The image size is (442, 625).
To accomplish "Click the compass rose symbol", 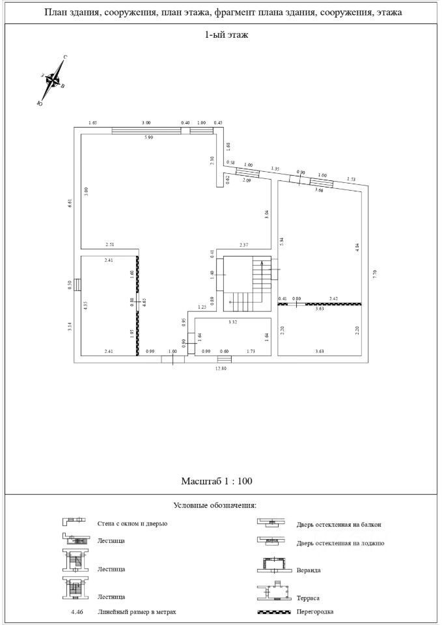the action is tap(53, 81).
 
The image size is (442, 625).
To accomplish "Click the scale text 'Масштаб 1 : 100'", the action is tap(216, 481).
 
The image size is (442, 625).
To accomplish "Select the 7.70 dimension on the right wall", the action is tap(374, 273).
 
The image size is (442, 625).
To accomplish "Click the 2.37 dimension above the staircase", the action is tap(243, 245).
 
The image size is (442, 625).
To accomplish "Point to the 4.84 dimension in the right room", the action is tap(357, 248).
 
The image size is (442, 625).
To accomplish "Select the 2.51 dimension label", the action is tap(110, 245).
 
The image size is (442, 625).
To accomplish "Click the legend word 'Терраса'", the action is tap(309, 597).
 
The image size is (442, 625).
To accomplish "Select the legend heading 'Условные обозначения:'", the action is tap(216, 505).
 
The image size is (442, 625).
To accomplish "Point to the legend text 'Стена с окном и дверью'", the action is tap(132, 523).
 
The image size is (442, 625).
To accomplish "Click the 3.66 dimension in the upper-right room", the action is tap(318, 190).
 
